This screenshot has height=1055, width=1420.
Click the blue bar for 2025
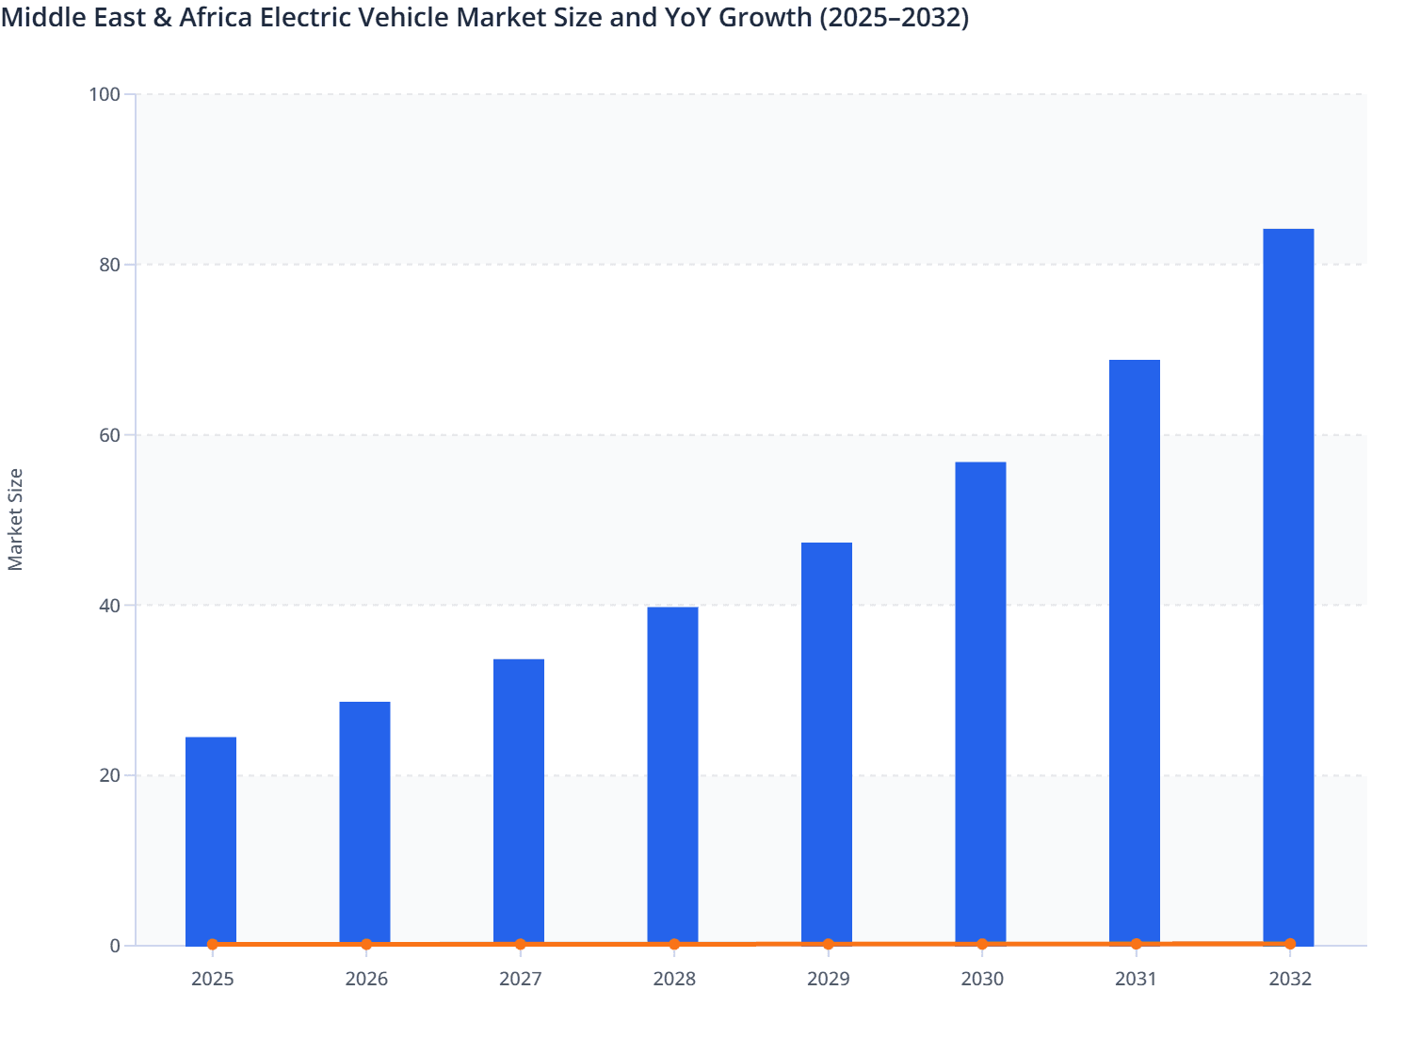click(211, 840)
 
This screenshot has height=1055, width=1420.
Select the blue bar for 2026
click(364, 822)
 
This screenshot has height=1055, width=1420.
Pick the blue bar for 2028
click(672, 775)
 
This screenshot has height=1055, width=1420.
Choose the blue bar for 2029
click(827, 743)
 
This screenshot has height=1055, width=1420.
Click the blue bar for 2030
click(980, 703)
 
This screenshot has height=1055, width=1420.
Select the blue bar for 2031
click(1135, 652)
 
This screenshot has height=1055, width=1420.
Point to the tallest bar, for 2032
click(1288, 586)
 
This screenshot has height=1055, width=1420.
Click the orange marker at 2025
click(213, 944)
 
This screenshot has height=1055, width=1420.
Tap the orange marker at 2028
click(674, 944)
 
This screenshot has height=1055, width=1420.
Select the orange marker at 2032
click(1290, 943)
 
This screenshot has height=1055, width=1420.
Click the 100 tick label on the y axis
click(105, 94)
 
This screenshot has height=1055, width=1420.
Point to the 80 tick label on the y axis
click(109, 265)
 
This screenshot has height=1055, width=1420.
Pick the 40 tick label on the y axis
click(109, 606)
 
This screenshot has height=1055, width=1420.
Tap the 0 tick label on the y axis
click(115, 946)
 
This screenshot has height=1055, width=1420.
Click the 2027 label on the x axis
click(520, 979)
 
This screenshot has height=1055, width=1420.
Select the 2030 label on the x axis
click(982, 979)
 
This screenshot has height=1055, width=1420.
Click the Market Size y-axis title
click(16, 519)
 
